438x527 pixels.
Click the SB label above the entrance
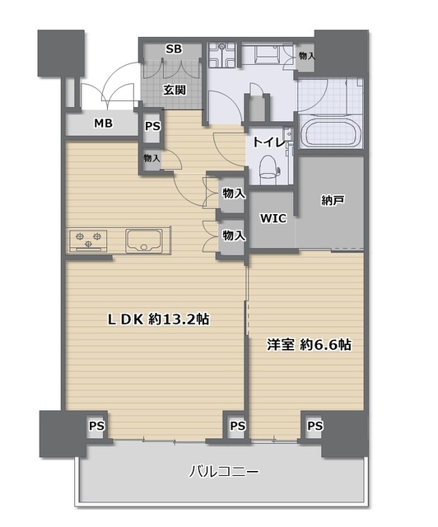click(174, 49)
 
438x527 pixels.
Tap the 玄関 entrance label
click(175, 90)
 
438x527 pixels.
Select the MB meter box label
click(103, 124)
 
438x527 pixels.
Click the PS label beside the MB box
click(152, 126)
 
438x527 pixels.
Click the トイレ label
click(269, 142)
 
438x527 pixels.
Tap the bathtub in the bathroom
click(330, 132)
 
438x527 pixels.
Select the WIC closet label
click(273, 218)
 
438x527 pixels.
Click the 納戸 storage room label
click(333, 201)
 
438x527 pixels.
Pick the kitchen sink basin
click(144, 240)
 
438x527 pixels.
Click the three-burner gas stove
click(88, 240)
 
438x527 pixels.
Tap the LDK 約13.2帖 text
click(158, 319)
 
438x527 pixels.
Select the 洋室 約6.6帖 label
click(310, 344)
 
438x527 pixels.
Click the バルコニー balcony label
click(224, 472)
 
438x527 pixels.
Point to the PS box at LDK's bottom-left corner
click(96, 426)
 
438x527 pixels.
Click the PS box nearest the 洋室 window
click(315, 426)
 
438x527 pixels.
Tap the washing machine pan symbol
click(221, 54)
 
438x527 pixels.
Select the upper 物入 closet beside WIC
click(233, 194)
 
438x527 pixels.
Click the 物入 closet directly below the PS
click(151, 158)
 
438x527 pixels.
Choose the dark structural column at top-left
click(61, 53)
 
